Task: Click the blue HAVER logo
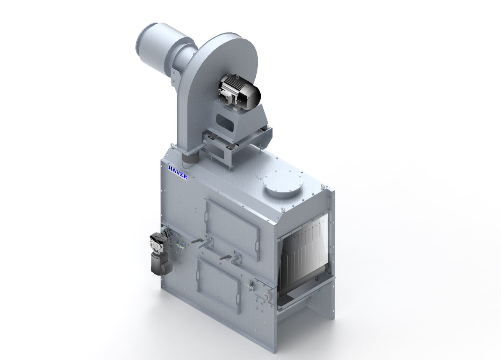click(x=177, y=173)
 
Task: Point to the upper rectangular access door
click(x=232, y=225)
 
